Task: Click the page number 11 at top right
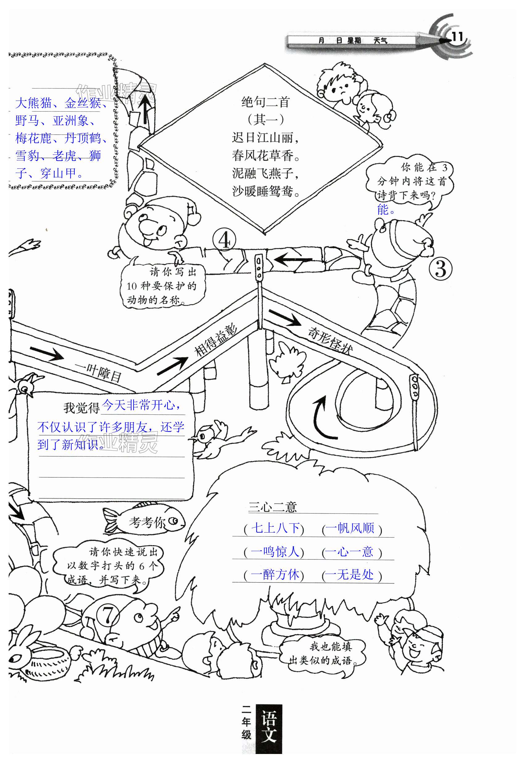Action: (x=457, y=37)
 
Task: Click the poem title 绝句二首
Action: (x=265, y=102)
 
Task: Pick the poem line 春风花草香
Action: (x=266, y=155)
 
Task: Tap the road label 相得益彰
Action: (x=216, y=340)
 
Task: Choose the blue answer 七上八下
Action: (x=275, y=528)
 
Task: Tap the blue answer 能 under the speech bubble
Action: (x=383, y=210)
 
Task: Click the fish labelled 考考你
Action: (x=145, y=522)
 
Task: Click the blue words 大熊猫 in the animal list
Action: (x=34, y=103)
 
